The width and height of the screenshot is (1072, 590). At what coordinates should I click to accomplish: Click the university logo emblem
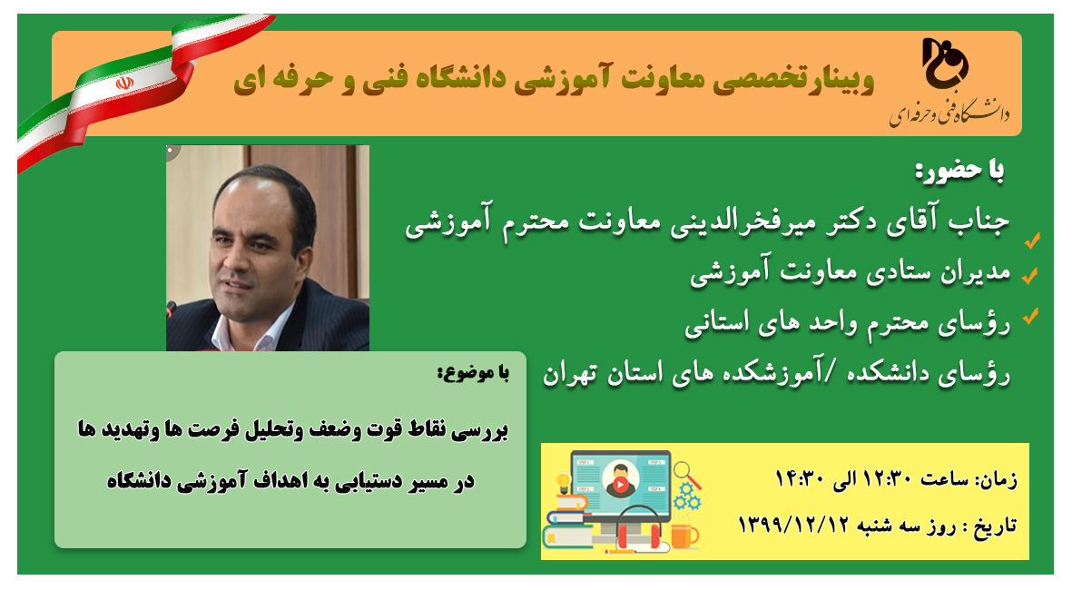(x=946, y=63)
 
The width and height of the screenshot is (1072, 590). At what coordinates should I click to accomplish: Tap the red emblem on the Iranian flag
(x=123, y=84)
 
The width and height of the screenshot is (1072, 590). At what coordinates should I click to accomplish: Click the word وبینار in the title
(x=841, y=79)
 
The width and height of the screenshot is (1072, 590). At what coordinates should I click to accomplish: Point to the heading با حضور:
(x=959, y=171)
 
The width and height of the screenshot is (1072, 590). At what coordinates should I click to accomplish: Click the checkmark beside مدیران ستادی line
(x=1029, y=276)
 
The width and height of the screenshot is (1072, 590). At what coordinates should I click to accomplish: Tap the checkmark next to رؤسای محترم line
(x=1030, y=316)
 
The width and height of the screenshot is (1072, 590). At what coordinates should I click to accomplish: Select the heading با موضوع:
(x=473, y=372)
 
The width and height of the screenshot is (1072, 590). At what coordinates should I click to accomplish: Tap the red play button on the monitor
(x=620, y=485)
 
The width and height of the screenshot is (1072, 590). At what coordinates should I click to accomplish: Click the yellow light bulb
(x=564, y=482)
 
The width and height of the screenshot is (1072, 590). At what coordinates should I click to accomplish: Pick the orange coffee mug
(x=684, y=536)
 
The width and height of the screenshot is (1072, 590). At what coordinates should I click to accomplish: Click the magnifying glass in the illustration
(x=686, y=474)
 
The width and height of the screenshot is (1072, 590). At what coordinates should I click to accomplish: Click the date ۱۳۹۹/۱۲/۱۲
(x=793, y=525)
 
